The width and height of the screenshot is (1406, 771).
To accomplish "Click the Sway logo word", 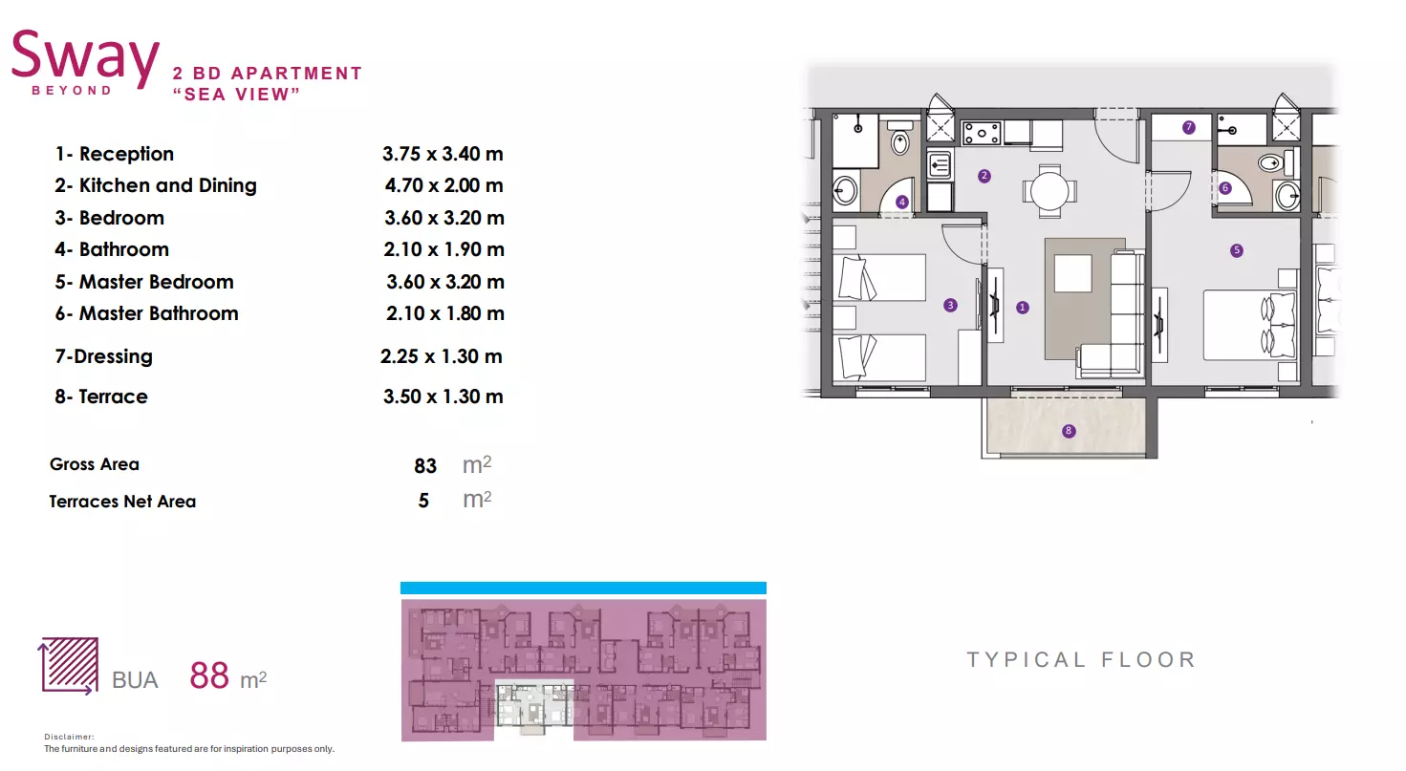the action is click(x=85, y=59).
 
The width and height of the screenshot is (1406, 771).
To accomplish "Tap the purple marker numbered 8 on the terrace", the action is click(x=1069, y=431).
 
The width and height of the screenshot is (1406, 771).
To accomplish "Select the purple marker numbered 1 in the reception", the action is click(x=1023, y=308).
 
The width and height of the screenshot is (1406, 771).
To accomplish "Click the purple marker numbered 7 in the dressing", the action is click(x=1188, y=127).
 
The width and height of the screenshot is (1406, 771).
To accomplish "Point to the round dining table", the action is click(x=1049, y=191).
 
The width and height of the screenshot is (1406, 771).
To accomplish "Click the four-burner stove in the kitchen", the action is click(x=982, y=133).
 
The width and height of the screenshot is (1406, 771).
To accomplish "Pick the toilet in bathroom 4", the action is click(x=900, y=139).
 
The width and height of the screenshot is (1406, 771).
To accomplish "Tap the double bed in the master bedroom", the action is click(x=1250, y=325).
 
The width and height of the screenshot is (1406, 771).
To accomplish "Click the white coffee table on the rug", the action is click(x=1072, y=273).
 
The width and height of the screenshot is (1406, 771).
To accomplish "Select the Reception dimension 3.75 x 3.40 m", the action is click(x=443, y=154).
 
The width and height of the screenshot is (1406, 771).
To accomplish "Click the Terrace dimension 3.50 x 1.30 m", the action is click(x=443, y=396).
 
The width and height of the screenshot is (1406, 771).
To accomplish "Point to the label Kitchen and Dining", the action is click(x=167, y=185).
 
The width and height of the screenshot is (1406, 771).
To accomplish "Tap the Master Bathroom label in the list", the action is click(x=159, y=313).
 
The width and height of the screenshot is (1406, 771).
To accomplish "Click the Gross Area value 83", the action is click(x=425, y=465).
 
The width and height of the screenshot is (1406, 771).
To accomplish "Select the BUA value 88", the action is click(x=209, y=675).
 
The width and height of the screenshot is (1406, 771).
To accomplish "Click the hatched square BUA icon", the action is click(x=69, y=665).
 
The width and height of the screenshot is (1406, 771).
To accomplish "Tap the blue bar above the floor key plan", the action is click(x=583, y=588).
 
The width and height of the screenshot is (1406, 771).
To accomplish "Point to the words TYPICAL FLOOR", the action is click(x=1081, y=659).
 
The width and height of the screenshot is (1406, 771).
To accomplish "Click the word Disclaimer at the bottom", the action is click(x=69, y=737).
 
